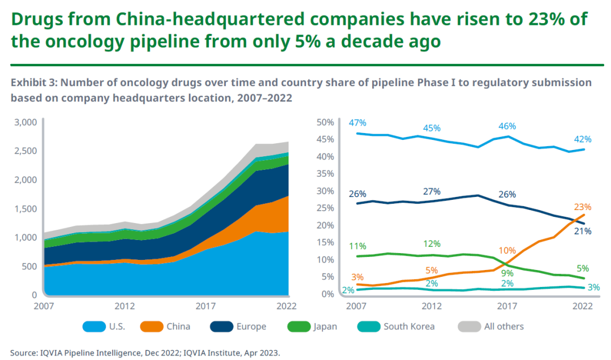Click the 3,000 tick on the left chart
[x=25, y=122]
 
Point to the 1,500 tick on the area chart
[x=25, y=208]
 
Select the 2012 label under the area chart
[x=124, y=306]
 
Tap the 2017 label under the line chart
[x=507, y=306]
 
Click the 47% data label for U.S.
[x=358, y=123]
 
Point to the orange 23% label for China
[x=583, y=207]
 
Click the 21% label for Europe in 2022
[x=583, y=231]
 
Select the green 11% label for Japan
[x=358, y=246]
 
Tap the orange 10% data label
[x=507, y=250]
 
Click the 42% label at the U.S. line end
[x=583, y=139]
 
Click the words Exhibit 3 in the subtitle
[x=33, y=83]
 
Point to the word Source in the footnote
[x=23, y=353]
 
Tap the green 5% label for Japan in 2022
[x=583, y=268]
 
